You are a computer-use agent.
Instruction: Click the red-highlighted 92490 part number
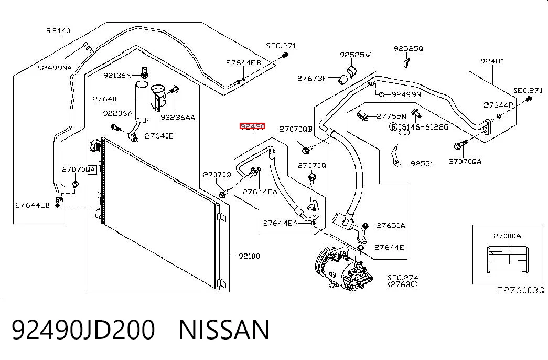252,126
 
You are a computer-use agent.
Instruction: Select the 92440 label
58,30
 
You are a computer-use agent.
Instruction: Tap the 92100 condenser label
249,256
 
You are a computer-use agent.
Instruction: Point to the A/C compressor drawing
343,267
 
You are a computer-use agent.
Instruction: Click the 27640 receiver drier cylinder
142,100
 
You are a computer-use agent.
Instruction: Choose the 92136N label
117,75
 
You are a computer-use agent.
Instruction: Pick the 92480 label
492,61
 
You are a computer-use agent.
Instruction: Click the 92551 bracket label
422,164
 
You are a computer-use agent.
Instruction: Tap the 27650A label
390,226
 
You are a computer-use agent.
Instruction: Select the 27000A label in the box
507,236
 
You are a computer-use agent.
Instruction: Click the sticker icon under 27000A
508,260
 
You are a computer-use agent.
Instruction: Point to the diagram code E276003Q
521,290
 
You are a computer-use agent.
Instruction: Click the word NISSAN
224,330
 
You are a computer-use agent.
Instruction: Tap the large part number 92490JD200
83,330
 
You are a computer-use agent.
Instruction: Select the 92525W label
356,55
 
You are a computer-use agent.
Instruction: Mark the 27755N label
391,117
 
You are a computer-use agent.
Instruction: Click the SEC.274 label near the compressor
403,278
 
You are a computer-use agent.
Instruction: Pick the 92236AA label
178,118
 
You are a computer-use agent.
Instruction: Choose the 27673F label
311,78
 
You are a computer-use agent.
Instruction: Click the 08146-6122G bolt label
418,126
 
